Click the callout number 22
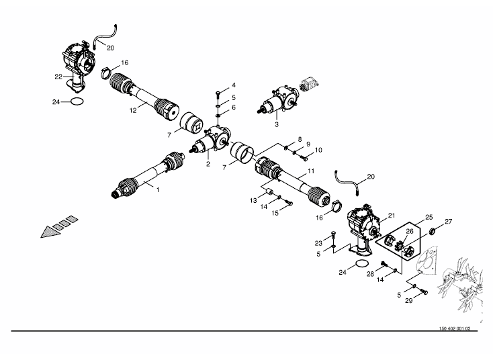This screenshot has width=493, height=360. pos(58,77)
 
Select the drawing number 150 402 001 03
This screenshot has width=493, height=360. pos(455,328)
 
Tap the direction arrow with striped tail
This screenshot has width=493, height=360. pos(59,227)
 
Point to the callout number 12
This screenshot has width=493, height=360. pos(133,110)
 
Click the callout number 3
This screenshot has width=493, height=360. pos(276,124)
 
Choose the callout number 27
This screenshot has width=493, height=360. pos(449,222)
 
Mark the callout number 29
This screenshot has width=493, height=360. pos(408,301)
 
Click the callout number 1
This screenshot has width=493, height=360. pos(158,190)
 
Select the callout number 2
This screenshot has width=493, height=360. pos(208,164)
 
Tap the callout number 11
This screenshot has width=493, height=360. pos(311,171)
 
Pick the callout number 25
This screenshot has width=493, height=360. pos(429,217)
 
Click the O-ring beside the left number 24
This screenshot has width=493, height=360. pos(77,101)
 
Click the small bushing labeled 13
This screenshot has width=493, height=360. pos(269,191)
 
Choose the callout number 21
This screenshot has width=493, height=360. pos(392,216)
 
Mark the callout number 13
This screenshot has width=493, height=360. pos(253,201)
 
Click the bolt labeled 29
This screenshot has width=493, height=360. pos(424,291)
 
